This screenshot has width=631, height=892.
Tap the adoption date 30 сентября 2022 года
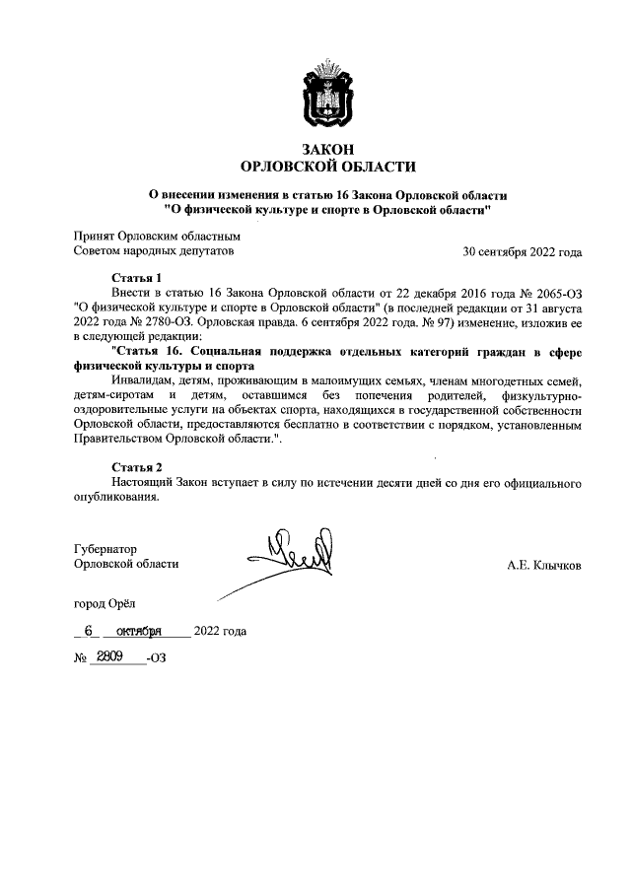(x=523, y=251)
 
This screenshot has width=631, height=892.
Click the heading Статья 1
(x=137, y=278)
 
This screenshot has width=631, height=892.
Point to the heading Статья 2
(x=137, y=466)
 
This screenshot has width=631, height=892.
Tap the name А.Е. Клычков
(x=544, y=566)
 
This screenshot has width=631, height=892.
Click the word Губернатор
(x=105, y=547)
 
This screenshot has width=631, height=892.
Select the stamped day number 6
(x=89, y=631)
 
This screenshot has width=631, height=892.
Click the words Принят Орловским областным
(x=158, y=237)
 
